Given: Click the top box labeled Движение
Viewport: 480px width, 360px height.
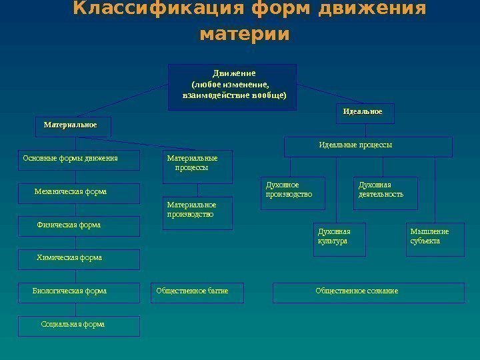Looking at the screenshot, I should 232,87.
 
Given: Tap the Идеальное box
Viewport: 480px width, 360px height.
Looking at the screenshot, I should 365,113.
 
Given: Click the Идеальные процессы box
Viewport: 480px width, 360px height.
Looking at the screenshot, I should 368,147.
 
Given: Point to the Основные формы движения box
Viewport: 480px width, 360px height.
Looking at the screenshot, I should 79,160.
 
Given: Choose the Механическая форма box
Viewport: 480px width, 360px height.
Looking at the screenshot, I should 79,193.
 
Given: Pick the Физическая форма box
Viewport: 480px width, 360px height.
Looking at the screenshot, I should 79,226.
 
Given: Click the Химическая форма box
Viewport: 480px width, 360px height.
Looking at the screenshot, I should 79,259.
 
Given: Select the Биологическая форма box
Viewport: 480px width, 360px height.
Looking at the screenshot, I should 79,292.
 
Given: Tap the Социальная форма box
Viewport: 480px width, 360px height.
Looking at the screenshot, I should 79,325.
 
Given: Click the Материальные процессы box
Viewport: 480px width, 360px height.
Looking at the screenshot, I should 198,167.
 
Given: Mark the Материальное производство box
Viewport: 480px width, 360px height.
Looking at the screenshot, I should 198,213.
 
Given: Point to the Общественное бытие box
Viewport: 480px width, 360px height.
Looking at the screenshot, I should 197,292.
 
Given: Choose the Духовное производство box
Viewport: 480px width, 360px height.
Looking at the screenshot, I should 293,193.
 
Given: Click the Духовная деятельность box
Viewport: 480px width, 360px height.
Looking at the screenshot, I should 385,193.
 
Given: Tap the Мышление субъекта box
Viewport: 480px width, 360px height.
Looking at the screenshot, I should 435,239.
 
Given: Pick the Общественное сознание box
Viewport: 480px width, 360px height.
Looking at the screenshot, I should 369,292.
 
